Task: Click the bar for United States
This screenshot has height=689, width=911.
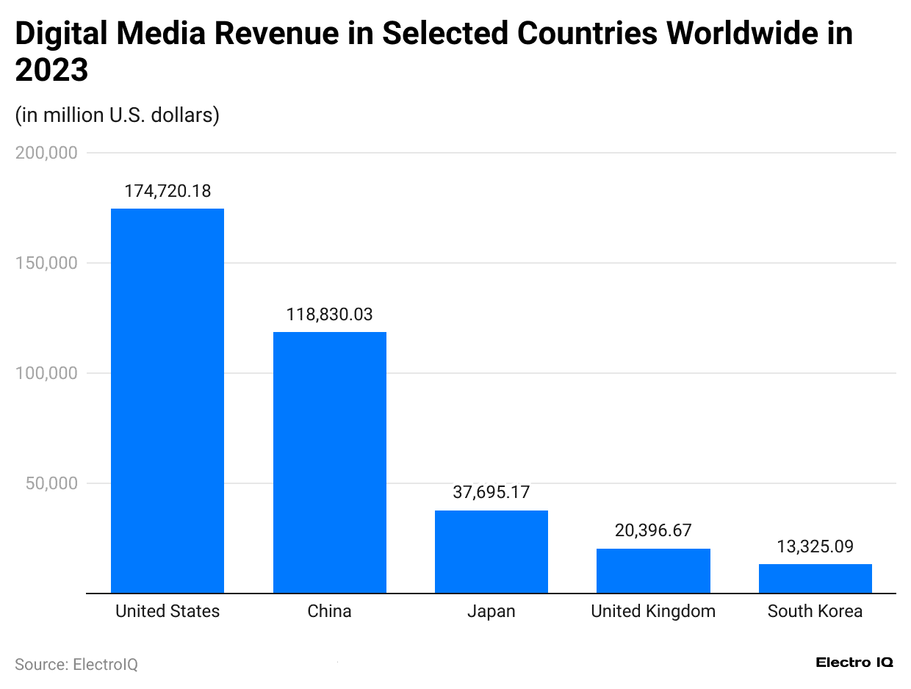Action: pos(168,400)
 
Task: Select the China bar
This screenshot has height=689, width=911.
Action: pos(329,462)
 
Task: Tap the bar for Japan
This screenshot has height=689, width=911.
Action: pos(491,551)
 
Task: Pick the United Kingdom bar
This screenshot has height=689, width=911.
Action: pos(653,570)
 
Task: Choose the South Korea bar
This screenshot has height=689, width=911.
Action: pos(815,578)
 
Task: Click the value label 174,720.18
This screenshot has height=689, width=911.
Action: pos(168,192)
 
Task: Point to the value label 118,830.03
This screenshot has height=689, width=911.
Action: pos(329,315)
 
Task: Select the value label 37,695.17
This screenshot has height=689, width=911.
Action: pos(491,493)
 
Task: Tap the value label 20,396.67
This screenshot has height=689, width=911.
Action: pos(653,530)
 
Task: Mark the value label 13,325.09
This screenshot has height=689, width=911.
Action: pos(815,546)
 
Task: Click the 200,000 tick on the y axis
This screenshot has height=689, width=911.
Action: pos(46,153)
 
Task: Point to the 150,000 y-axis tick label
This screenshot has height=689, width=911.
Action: pos(46,263)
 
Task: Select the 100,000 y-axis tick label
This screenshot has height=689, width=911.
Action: pos(46,373)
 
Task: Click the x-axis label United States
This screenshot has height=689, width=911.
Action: pos(168,611)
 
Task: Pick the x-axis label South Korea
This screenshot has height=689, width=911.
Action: pos(815,611)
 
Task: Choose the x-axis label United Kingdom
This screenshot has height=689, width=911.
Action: pos(653,611)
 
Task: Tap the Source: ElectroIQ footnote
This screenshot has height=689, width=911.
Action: pos(76,664)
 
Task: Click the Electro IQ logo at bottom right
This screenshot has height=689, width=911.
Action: pos(854,663)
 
